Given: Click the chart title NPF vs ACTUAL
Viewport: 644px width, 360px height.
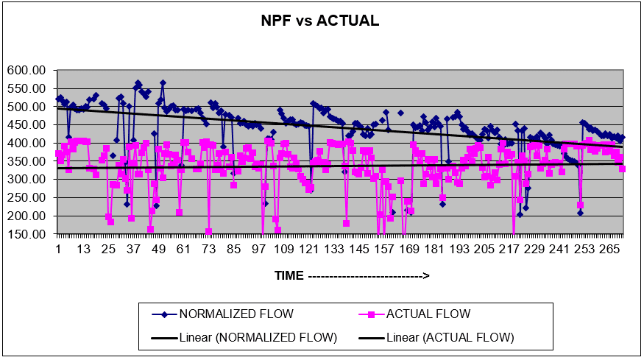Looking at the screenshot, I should pos(320,21).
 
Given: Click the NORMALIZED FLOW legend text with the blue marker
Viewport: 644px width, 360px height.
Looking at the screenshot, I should pos(236,314).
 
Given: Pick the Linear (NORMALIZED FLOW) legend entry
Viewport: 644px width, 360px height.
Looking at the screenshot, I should pos(258,338).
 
